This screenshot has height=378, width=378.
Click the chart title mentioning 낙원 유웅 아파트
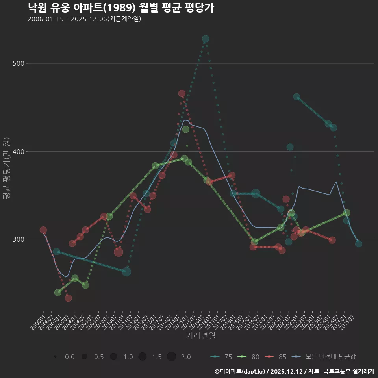coord(121,8)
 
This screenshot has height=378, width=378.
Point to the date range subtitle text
coord(84,19)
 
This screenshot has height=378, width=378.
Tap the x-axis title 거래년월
coord(200,336)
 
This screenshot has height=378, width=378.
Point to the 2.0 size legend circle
coord(171,357)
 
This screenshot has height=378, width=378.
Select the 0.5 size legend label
coord(99,357)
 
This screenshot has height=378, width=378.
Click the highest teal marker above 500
coord(206,39)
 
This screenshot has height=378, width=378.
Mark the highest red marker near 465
coord(182,93)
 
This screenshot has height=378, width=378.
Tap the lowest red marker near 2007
coord(68,298)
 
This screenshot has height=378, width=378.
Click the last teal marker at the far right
coord(358,244)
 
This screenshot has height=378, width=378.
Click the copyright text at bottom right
coord(294,371)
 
